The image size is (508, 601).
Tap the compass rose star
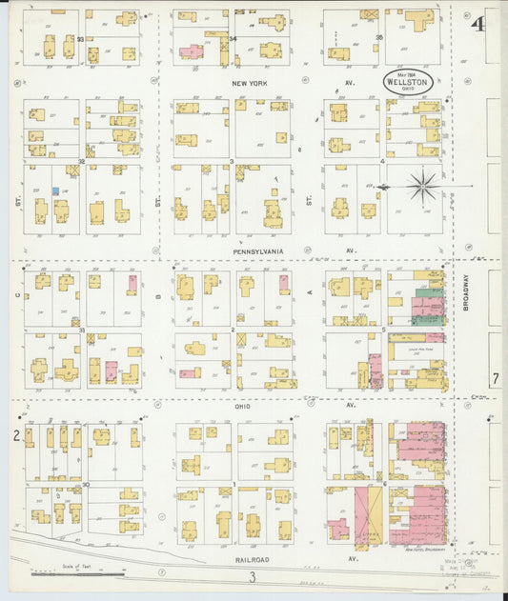422,186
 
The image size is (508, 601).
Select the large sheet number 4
477,24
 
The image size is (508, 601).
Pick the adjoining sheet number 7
495,379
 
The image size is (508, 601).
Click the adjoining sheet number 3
253,577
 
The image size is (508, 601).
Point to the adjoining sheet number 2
16,436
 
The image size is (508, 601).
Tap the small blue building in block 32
55,190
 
